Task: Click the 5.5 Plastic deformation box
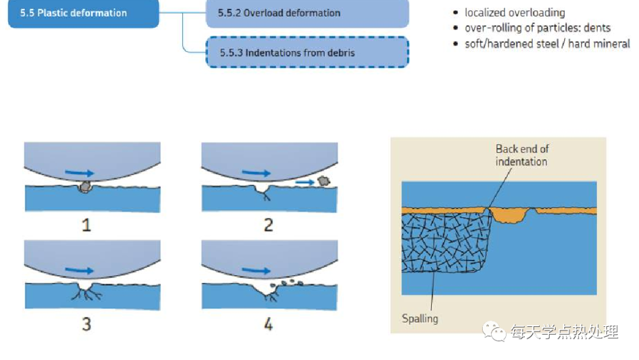[x=83, y=13]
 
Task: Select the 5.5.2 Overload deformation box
[x=307, y=13]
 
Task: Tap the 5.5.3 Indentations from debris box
[x=307, y=52]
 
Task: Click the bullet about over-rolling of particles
[x=537, y=28]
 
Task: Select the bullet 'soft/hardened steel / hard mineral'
[x=547, y=44]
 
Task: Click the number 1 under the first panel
[x=86, y=225]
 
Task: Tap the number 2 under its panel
[x=269, y=225]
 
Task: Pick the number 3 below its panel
[x=86, y=324]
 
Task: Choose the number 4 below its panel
[x=269, y=324]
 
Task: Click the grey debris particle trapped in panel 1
[x=85, y=187]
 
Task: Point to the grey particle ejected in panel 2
[x=323, y=181]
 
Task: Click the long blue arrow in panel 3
[x=79, y=271]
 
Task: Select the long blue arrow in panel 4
[x=256, y=271]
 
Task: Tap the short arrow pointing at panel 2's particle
[x=304, y=183]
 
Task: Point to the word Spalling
[x=420, y=319]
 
